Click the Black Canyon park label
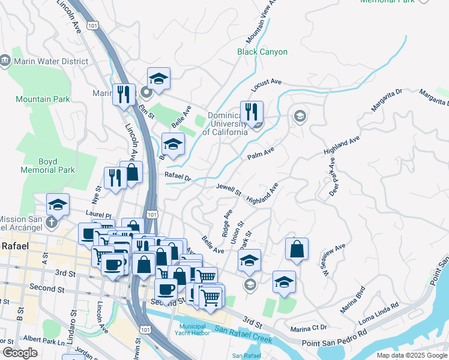(262, 52)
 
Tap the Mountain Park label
(43, 99)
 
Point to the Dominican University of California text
(227, 124)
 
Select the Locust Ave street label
(267, 85)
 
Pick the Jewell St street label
(229, 190)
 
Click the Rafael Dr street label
(178, 177)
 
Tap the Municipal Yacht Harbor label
(193, 329)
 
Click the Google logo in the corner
(20, 353)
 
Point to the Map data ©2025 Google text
(411, 355)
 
